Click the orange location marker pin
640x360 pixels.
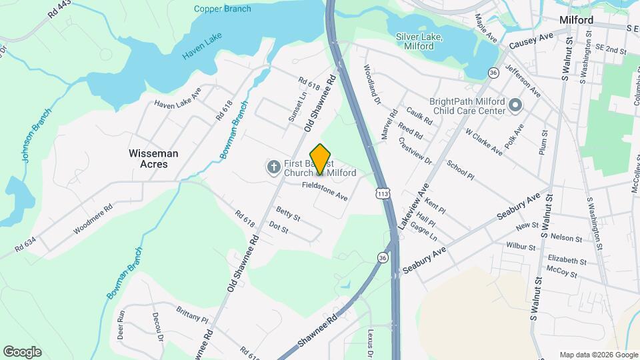[321, 159]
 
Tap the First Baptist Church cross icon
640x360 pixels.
[273, 167]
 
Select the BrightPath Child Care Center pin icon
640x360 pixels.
[515, 105]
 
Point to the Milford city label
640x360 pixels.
[577, 20]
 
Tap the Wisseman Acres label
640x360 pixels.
[153, 158]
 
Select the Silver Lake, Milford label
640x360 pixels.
[424, 41]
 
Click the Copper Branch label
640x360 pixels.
[223, 9]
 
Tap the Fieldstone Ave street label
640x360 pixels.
[325, 191]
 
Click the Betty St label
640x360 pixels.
[288, 214]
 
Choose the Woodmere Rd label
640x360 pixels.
[93, 218]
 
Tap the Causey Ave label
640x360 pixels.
[531, 41]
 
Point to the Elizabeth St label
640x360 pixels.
[562, 260]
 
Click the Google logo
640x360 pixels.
[22, 352]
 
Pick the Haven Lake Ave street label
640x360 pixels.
[177, 99]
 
